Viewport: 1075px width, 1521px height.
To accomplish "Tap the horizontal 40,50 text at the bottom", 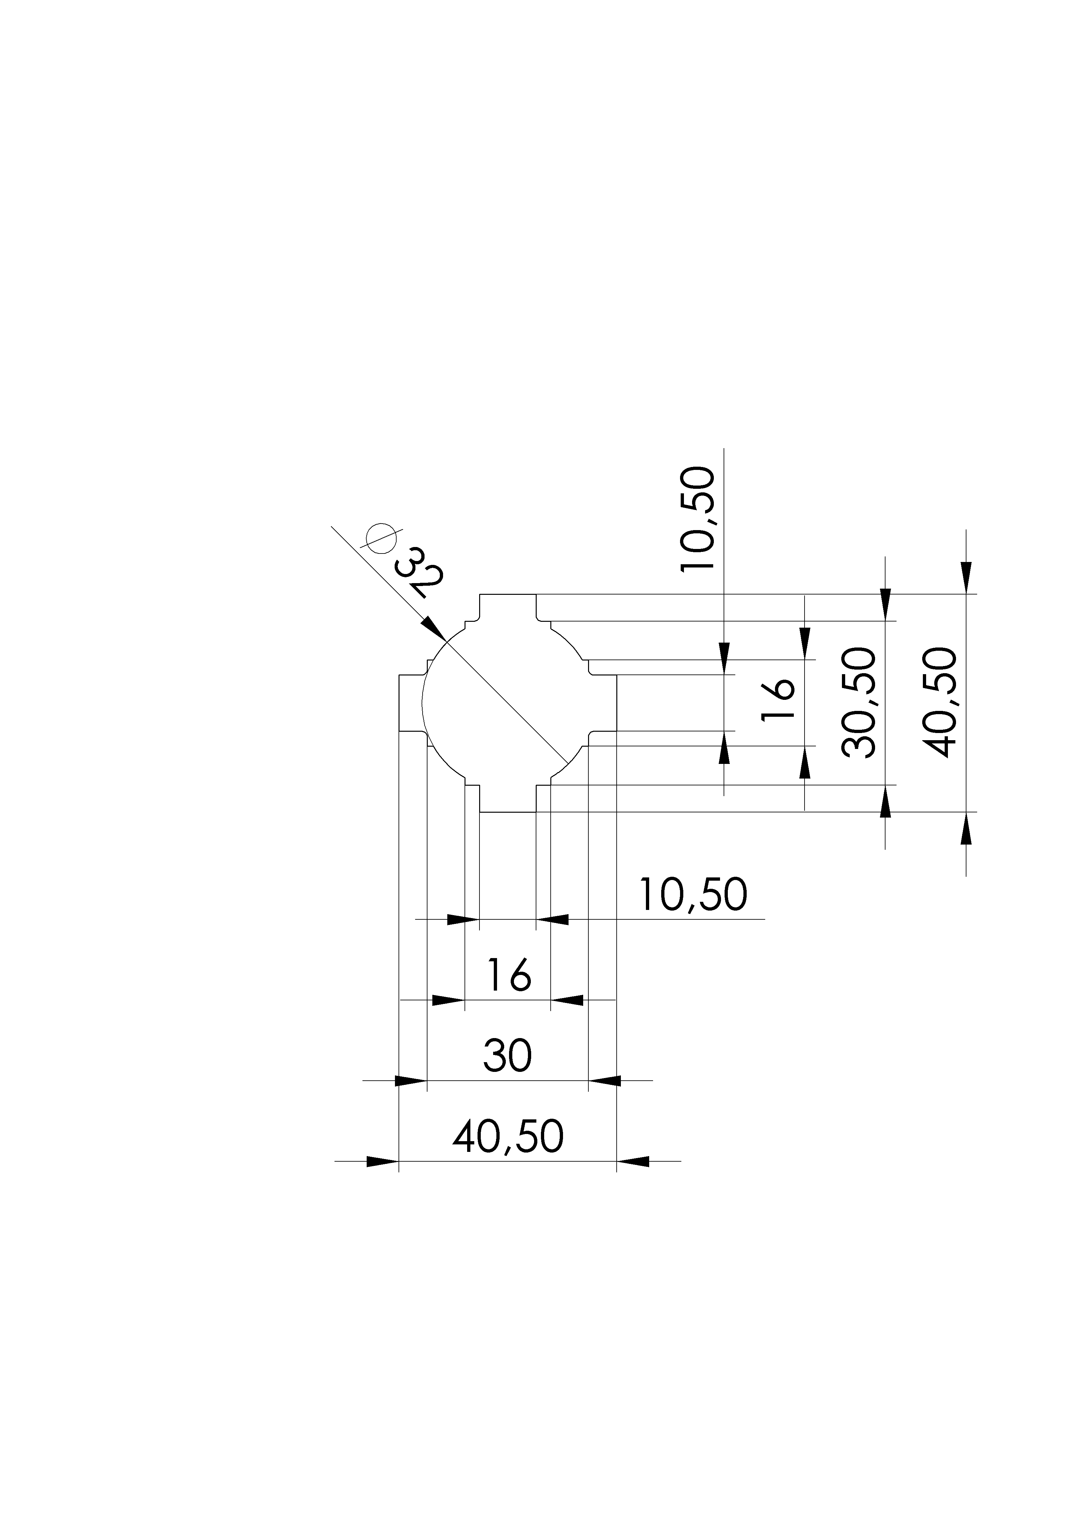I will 508,1137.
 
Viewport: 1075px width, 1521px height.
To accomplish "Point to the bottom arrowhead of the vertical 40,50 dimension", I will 966,828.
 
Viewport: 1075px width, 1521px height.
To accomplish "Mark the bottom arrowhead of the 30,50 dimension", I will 885,802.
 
